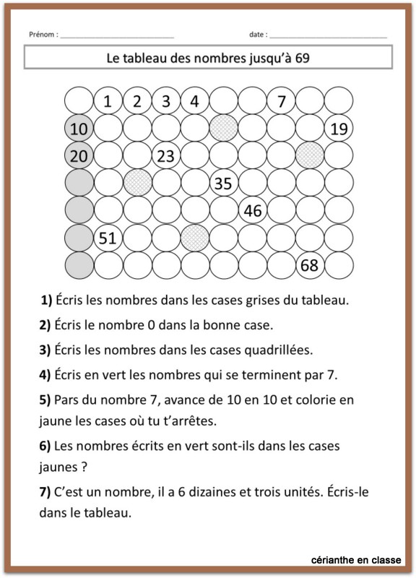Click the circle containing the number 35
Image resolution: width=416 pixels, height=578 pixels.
(223, 184)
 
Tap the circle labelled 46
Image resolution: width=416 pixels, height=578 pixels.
(252, 211)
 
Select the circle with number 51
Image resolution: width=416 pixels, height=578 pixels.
(108, 238)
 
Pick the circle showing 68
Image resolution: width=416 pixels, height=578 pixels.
(309, 265)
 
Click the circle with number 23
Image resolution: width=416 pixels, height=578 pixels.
(165, 156)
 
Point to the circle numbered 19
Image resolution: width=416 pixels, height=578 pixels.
(338, 129)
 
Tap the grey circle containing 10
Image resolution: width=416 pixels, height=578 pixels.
(79, 129)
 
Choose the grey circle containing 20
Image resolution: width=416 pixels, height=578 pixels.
(79, 156)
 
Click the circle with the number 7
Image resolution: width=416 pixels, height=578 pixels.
(281, 101)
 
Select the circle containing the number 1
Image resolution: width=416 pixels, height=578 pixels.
(108, 101)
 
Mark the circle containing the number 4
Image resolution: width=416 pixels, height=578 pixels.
(194, 101)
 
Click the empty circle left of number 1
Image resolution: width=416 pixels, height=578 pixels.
(79, 101)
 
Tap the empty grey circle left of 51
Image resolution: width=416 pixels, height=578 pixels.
(79, 238)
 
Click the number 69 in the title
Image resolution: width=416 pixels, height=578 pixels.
(303, 58)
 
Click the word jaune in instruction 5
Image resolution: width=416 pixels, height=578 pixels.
(55, 419)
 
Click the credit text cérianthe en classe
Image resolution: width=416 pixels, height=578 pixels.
(356, 560)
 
